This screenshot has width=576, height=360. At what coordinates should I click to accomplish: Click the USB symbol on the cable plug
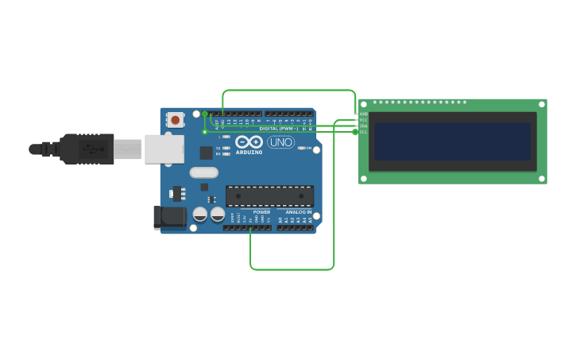(x=93, y=149)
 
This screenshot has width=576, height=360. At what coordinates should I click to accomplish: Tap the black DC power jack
(x=169, y=217)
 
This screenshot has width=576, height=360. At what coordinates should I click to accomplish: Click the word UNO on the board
(x=280, y=142)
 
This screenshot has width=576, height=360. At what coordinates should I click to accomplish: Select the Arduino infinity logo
(x=249, y=141)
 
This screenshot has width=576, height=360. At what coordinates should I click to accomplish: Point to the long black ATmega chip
(x=269, y=196)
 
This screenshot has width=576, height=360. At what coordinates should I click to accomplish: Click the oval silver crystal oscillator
(x=203, y=172)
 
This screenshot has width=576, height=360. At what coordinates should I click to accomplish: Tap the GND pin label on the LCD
(x=363, y=114)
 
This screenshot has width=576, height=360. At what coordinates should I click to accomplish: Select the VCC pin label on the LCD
(x=363, y=120)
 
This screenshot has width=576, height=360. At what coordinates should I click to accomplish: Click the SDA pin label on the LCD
(x=363, y=126)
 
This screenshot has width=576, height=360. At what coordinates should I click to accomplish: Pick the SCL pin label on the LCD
(x=363, y=132)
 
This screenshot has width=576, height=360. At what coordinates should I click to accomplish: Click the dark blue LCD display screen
(x=452, y=141)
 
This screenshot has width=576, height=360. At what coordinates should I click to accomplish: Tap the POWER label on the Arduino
(x=261, y=212)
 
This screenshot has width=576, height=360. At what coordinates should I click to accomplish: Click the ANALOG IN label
(x=299, y=212)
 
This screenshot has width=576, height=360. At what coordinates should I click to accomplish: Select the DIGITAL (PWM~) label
(x=279, y=128)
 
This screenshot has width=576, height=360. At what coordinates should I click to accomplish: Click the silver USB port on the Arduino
(x=164, y=149)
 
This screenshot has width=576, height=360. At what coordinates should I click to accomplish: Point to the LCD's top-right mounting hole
(x=542, y=104)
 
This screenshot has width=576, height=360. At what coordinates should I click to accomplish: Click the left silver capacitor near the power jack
(x=200, y=215)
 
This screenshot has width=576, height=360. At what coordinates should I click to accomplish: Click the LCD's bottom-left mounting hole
(x=363, y=179)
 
